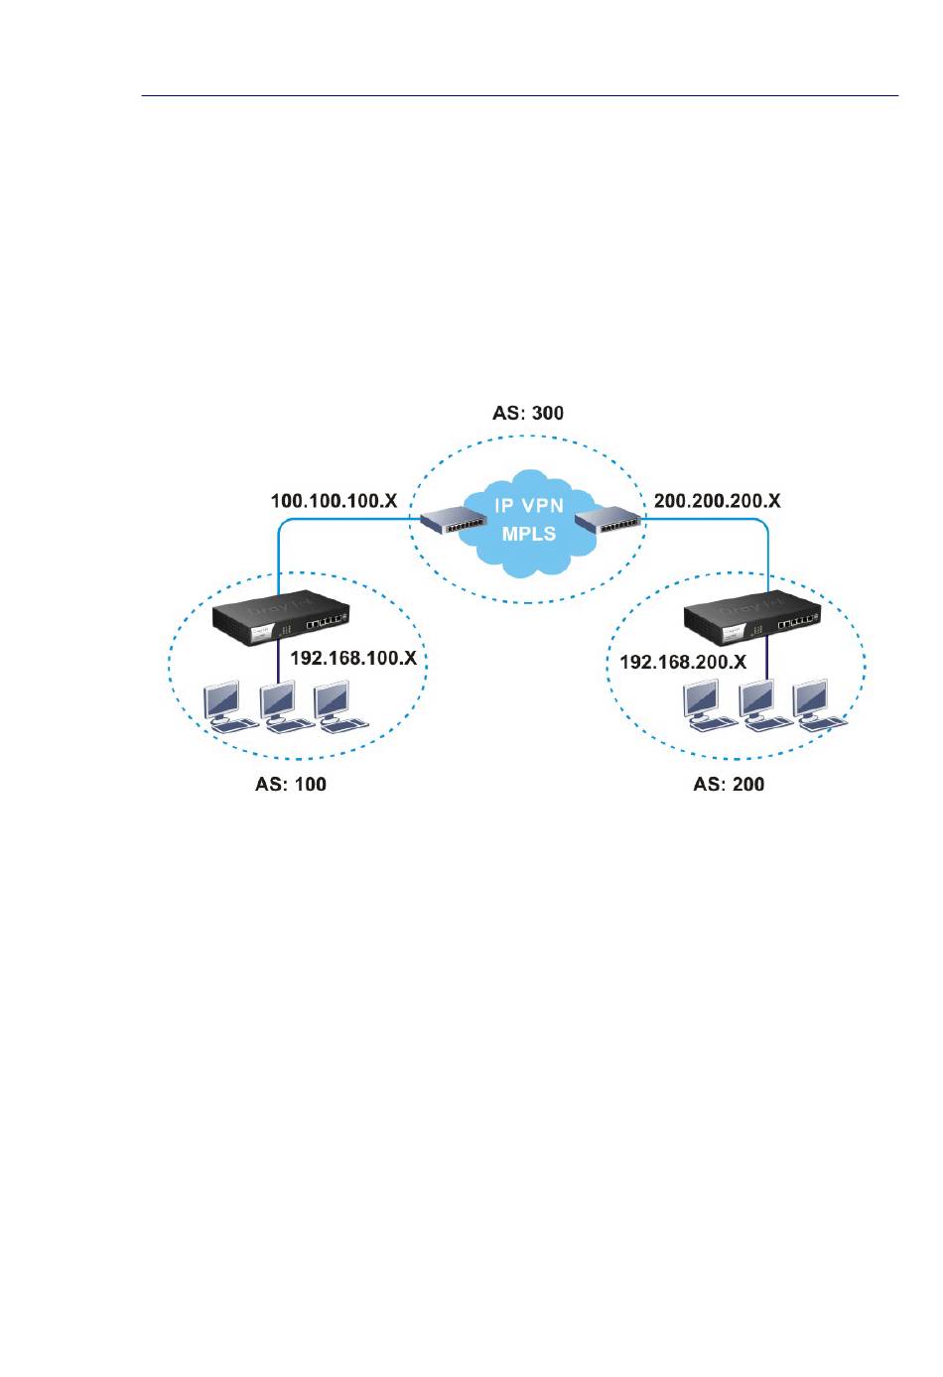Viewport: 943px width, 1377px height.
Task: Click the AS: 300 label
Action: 527,413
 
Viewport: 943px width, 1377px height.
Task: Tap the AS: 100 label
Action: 291,785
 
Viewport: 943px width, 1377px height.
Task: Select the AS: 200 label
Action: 729,785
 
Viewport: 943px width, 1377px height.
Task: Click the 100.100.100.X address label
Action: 334,501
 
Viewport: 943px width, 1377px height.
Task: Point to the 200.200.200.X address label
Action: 718,501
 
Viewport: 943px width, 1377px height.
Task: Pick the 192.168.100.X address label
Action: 352,658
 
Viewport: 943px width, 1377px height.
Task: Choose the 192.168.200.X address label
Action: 683,662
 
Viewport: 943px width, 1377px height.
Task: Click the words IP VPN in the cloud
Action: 529,506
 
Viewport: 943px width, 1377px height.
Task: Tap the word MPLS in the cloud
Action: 529,533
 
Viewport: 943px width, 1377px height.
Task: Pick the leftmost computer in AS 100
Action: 223,705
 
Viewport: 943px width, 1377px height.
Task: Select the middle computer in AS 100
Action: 282,705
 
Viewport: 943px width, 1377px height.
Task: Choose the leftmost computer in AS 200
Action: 708,706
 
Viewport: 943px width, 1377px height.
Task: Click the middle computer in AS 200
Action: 762,706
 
